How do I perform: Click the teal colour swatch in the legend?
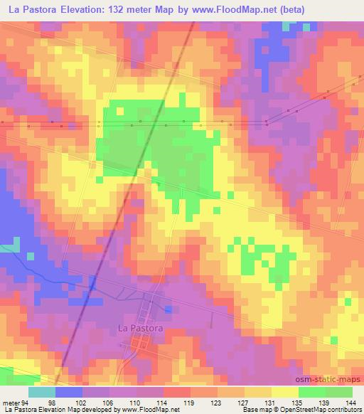tap(42, 392)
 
